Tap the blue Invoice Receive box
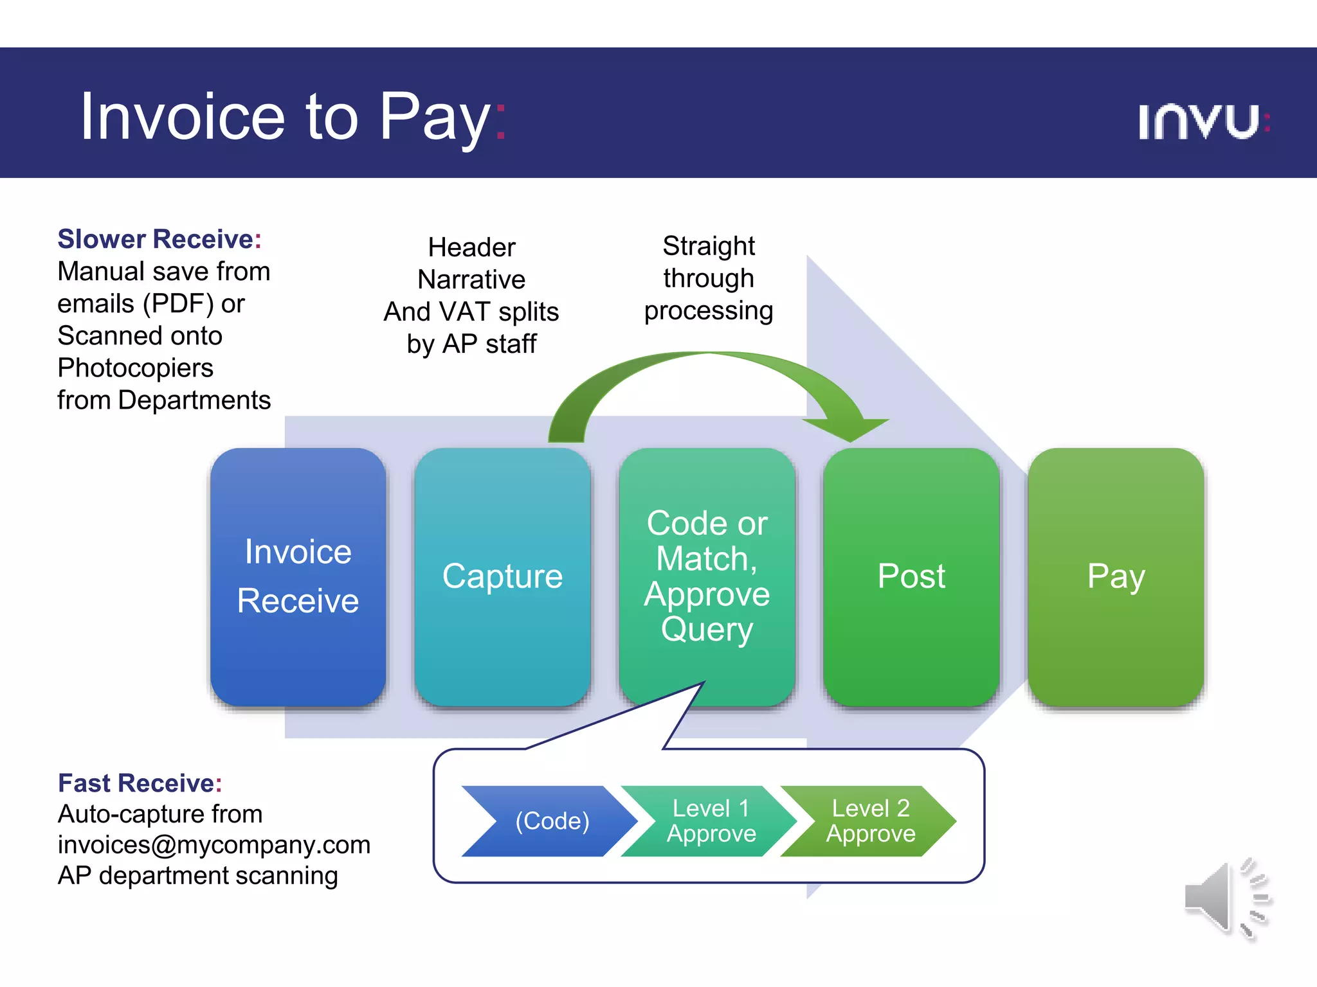298,576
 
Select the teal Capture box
502,576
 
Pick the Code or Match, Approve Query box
707,576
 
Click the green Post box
911,576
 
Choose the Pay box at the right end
1116,576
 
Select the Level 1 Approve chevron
711,821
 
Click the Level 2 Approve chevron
870,821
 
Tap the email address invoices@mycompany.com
213,845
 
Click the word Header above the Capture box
471,247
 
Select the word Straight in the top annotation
709,246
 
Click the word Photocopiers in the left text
135,368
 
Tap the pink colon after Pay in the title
501,120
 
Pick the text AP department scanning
197,876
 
